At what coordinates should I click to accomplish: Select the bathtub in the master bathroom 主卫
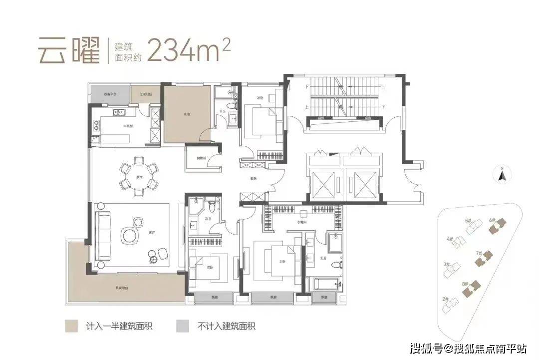[327, 285]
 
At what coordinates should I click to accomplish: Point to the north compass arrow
[503, 174]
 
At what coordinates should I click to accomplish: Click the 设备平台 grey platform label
[110, 94]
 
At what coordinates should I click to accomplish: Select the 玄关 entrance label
[254, 178]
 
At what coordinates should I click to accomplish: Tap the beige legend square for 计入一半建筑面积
[72, 327]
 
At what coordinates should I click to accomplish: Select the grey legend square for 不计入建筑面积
[183, 327]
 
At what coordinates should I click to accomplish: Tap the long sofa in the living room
[103, 235]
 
